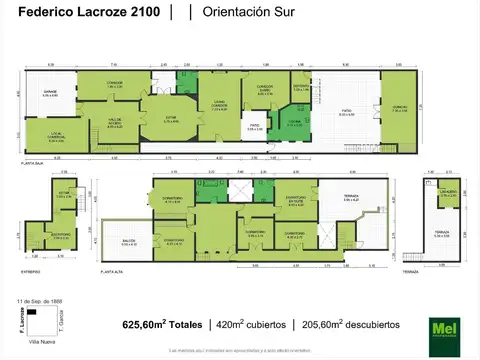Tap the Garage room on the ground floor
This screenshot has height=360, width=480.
(50, 95)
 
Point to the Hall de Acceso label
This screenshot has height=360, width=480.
(112, 123)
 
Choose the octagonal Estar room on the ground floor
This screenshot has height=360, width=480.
(171, 119)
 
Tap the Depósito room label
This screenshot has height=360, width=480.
(299, 88)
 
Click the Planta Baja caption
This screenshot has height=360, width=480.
(37, 161)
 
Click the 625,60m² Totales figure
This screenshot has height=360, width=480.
(163, 325)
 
